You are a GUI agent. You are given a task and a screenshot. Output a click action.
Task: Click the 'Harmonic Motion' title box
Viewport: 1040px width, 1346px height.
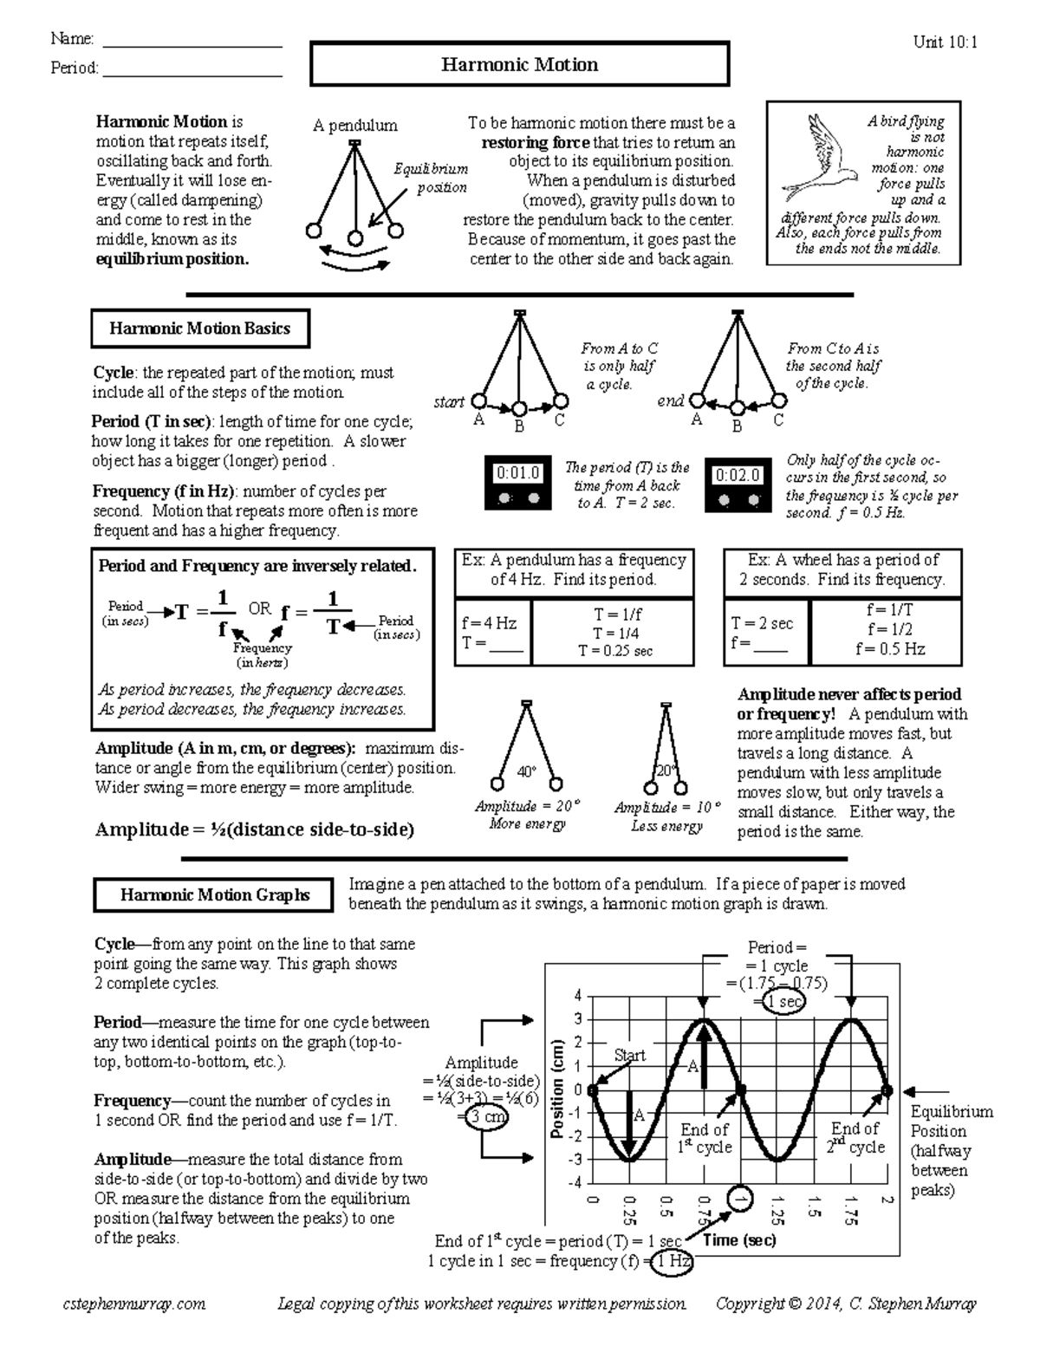coord(519,65)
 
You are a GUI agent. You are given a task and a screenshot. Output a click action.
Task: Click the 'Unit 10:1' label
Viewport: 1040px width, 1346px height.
coord(945,41)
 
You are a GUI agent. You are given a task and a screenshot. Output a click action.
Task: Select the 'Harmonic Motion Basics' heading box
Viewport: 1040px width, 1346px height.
coord(200,328)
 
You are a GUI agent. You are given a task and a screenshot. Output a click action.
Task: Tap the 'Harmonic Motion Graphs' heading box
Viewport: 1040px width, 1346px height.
coord(214,895)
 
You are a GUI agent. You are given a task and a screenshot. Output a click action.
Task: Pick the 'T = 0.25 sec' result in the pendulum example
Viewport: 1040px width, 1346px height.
coord(614,651)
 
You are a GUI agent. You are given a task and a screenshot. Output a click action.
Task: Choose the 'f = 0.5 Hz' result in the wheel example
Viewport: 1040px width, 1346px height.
coord(890,649)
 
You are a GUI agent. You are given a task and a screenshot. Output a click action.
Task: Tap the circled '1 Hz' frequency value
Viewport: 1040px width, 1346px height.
coord(673,1261)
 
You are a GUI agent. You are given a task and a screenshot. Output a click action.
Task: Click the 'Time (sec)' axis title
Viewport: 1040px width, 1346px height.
coord(739,1240)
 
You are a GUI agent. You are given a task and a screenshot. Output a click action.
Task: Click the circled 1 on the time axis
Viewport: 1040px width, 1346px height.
coord(740,1200)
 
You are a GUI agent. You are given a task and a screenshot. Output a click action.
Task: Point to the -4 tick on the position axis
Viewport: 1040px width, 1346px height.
coord(578,1182)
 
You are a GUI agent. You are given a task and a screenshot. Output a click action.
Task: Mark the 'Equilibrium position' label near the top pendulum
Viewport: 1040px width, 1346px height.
coord(432,179)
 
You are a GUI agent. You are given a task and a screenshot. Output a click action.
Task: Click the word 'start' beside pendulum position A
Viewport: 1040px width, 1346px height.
coord(449,402)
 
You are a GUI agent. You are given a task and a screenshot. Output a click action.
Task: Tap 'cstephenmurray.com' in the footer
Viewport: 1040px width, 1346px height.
coord(134,1304)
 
